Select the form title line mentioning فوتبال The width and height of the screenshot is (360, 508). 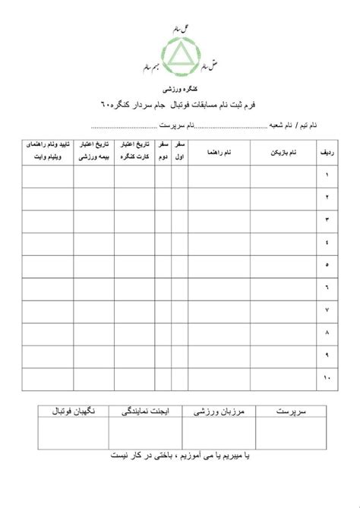(x=179, y=104)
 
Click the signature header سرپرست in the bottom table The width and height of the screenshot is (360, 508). (x=292, y=411)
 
